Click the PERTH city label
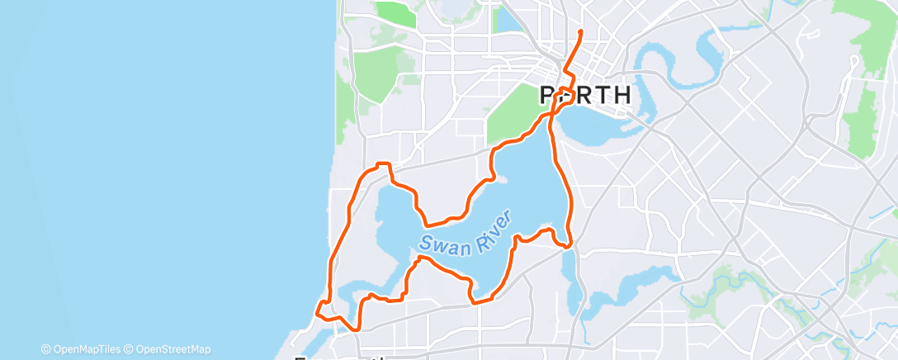click(585, 95)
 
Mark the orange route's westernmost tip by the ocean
click(316, 310)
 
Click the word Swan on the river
click(438, 243)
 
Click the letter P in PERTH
click(548, 95)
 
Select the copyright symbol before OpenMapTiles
click(45, 349)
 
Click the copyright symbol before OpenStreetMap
click(129, 349)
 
